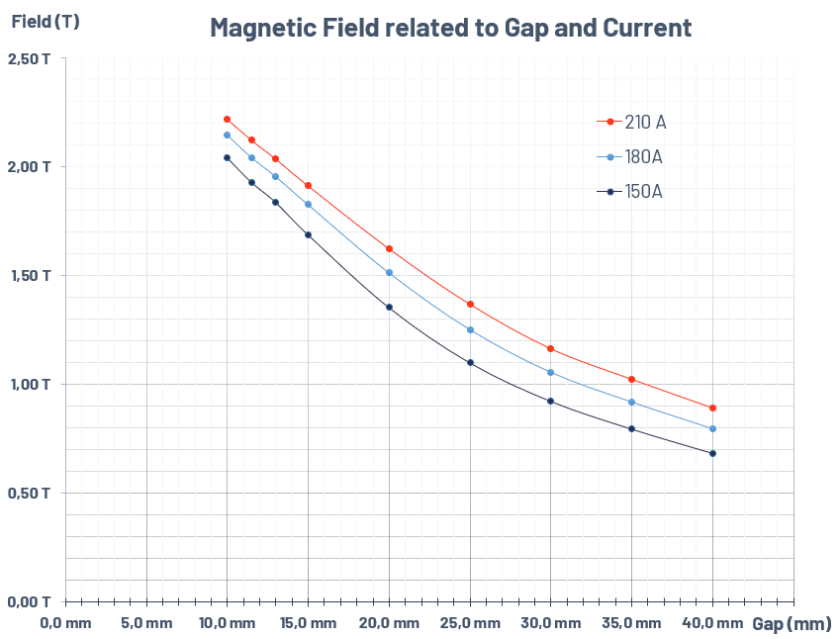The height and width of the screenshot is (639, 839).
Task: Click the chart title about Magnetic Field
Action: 450,28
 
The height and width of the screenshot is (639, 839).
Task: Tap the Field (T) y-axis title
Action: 46,21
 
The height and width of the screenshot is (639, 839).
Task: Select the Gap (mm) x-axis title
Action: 792,624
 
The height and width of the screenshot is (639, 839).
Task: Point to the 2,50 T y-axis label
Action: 30,59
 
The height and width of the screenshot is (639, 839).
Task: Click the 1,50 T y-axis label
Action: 30,275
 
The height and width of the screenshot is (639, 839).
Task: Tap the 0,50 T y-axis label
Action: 30,493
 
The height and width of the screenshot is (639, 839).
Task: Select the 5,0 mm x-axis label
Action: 147,623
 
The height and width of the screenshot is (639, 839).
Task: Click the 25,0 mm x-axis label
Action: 470,623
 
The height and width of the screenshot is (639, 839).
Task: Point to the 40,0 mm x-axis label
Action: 712,623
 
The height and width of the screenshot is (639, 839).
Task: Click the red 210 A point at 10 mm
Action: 227,119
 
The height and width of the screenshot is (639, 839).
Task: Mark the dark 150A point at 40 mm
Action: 712,453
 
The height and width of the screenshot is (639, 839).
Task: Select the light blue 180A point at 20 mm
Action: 389,272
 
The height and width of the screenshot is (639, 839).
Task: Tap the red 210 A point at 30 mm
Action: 550,348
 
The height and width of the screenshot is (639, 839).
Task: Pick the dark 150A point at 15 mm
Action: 308,234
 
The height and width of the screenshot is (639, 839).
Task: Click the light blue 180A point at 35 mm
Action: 631,402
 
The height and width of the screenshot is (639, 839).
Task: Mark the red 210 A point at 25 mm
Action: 470,304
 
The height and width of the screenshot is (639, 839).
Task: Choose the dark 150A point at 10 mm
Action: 227,157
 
